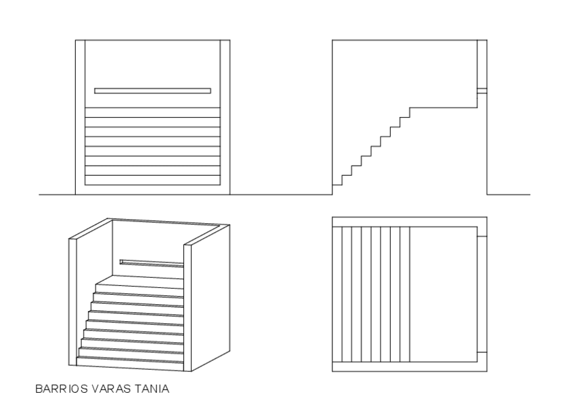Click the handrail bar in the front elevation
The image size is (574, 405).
(152, 91)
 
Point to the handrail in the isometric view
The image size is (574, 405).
(152, 263)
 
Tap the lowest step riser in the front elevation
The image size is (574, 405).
(152, 181)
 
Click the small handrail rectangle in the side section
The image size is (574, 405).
(482, 90)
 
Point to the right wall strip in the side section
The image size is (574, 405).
(483, 142)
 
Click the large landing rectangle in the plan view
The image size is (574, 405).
(443, 294)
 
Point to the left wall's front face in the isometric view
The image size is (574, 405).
(74, 301)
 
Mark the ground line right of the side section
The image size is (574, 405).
(508, 195)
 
